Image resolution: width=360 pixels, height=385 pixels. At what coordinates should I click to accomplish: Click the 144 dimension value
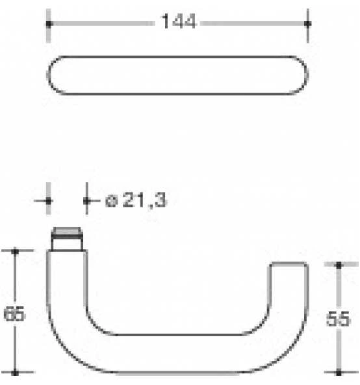click(x=178, y=22)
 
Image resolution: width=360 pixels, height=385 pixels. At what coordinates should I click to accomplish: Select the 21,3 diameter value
click(x=144, y=201)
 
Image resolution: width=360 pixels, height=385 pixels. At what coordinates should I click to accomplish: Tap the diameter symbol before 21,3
click(x=110, y=202)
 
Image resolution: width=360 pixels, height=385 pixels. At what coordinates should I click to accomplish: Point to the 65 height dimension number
click(x=14, y=314)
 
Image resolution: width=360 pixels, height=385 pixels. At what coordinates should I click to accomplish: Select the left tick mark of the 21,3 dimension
click(x=48, y=200)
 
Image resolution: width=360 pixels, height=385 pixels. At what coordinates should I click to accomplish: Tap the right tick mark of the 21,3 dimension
click(x=86, y=200)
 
